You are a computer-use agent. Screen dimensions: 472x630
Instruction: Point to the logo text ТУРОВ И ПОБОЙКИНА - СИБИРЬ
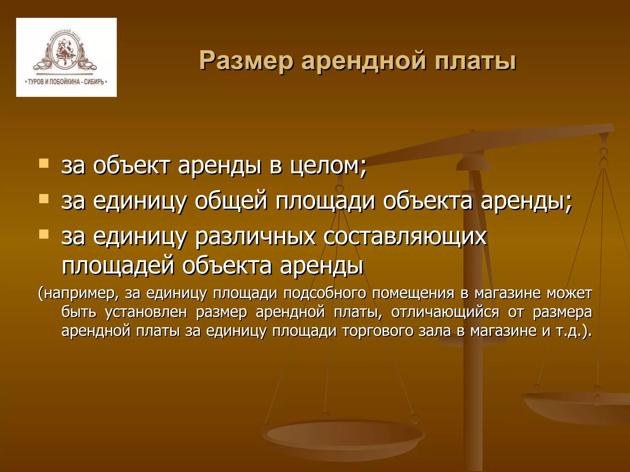(x=66, y=82)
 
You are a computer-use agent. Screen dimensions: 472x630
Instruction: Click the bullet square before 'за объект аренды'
(x=44, y=163)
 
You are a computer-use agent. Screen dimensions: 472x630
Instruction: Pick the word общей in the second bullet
(x=231, y=201)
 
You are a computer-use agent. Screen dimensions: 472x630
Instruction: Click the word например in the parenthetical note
(x=79, y=293)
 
